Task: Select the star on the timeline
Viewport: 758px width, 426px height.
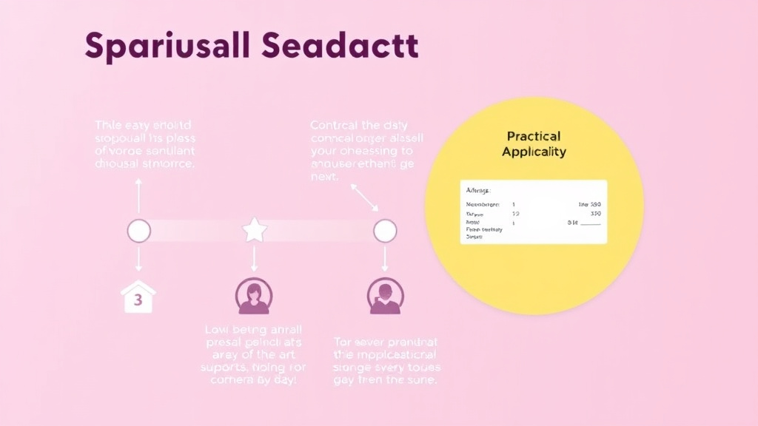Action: click(255, 231)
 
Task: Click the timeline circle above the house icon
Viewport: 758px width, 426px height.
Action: click(138, 231)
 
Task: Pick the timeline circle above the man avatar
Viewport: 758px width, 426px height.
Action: click(384, 231)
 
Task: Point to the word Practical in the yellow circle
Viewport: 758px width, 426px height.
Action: click(534, 136)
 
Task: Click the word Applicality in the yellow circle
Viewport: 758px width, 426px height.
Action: click(534, 152)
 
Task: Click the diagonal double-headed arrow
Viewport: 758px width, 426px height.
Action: click(364, 196)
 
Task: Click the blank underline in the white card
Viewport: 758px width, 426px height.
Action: click(591, 223)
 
